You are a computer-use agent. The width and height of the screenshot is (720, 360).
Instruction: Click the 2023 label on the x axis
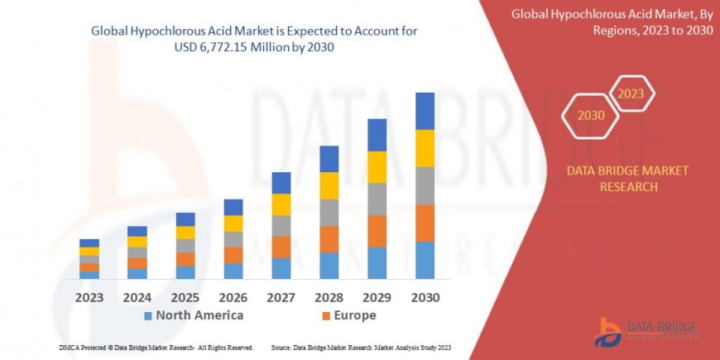[x=89, y=297]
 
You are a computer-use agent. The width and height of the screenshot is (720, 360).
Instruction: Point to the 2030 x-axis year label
[x=425, y=297]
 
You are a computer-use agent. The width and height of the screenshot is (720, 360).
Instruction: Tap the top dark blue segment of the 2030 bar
[x=425, y=111]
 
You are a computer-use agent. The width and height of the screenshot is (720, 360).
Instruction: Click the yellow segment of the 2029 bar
[x=377, y=167]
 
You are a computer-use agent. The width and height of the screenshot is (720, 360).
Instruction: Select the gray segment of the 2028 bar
[x=329, y=213]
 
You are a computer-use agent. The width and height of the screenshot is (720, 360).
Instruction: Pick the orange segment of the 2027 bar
[x=281, y=247]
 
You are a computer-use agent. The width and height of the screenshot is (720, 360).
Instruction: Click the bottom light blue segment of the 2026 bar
[x=233, y=271]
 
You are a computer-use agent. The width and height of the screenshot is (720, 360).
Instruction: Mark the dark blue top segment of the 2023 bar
[x=89, y=242]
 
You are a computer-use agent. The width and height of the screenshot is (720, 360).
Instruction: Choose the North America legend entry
[x=194, y=315]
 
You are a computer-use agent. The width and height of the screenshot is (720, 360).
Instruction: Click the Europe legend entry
[x=349, y=315]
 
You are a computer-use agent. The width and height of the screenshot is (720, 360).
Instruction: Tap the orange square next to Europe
[x=327, y=316]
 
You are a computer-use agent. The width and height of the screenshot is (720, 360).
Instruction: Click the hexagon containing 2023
[x=631, y=94]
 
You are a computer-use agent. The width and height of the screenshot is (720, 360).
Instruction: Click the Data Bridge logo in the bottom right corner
[x=646, y=332]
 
